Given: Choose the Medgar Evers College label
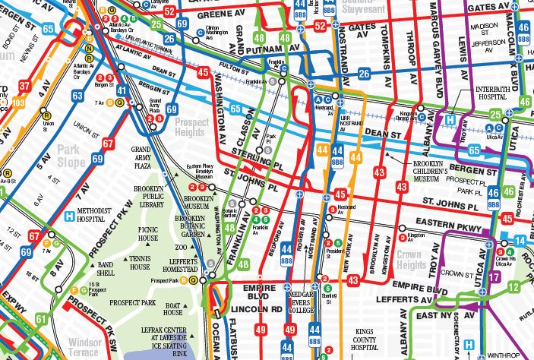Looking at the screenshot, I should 310,303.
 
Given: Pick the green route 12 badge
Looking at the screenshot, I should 513,287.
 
